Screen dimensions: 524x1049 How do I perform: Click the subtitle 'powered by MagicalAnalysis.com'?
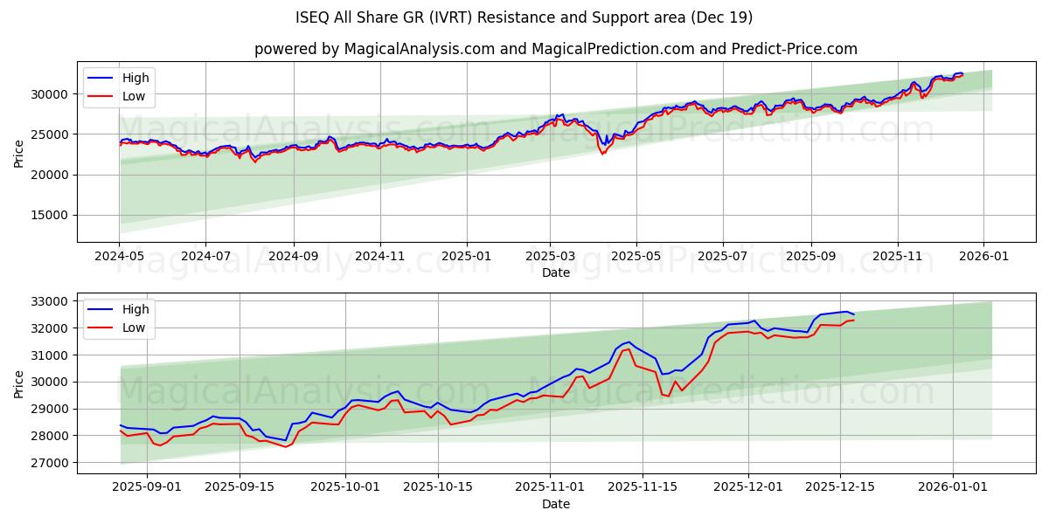click(x=556, y=49)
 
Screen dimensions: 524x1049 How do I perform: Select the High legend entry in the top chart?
click(x=135, y=78)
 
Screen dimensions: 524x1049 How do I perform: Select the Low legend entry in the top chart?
click(x=134, y=96)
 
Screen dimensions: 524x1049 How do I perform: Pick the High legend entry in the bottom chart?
click(x=135, y=309)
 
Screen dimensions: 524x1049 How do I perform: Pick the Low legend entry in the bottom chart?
click(x=134, y=327)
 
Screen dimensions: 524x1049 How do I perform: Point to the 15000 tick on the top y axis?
click(x=52, y=216)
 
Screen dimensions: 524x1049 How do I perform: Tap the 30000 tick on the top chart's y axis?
click(x=52, y=94)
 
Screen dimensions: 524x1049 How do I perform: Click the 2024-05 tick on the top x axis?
click(x=120, y=255)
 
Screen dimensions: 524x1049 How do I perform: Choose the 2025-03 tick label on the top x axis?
click(x=550, y=255)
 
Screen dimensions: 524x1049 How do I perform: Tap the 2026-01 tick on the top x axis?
click(x=983, y=255)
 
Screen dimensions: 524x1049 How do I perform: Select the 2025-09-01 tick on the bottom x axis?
click(x=147, y=486)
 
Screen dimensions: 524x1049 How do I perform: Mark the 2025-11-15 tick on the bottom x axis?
click(x=650, y=486)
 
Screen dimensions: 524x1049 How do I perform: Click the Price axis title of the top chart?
click(x=19, y=153)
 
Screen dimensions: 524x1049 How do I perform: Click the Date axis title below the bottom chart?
click(x=556, y=504)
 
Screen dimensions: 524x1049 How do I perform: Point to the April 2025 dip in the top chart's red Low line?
click(x=601, y=154)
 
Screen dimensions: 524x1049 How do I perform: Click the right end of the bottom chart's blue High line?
click(x=853, y=314)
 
